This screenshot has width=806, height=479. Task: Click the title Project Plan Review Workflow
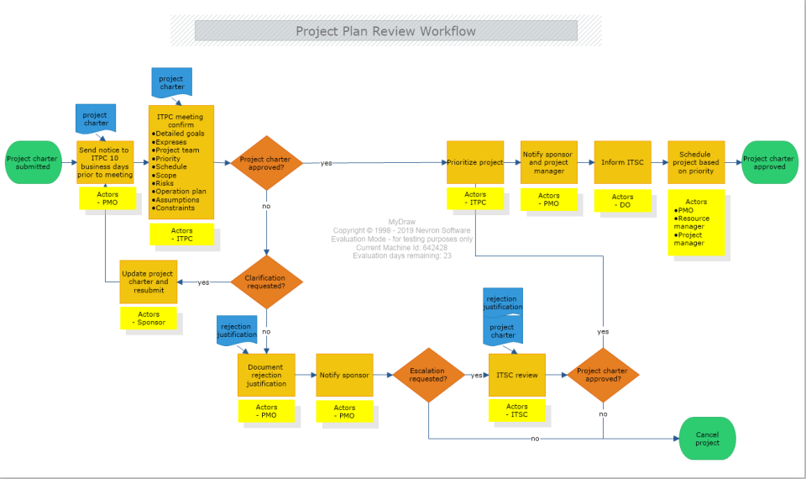click(x=385, y=31)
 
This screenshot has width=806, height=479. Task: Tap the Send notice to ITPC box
click(x=106, y=162)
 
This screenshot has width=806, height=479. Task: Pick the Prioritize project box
click(x=475, y=162)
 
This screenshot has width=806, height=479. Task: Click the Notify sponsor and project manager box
click(x=549, y=162)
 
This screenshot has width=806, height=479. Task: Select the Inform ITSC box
click(x=622, y=162)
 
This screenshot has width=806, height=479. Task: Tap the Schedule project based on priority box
click(x=696, y=162)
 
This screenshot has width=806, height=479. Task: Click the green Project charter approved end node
click(x=769, y=162)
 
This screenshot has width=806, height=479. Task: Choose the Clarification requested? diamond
click(x=265, y=282)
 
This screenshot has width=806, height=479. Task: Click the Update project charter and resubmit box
click(x=148, y=282)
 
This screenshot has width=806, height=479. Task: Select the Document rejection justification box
click(x=266, y=375)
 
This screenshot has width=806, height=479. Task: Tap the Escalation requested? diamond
click(x=428, y=375)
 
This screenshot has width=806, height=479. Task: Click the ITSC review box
click(x=517, y=375)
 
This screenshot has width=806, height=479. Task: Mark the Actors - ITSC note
click(x=517, y=411)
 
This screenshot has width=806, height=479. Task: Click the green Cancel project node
click(x=708, y=439)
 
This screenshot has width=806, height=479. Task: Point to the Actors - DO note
click(x=623, y=201)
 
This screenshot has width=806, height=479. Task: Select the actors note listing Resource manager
click(x=696, y=223)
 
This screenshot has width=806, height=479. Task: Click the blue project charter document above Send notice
click(x=96, y=118)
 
